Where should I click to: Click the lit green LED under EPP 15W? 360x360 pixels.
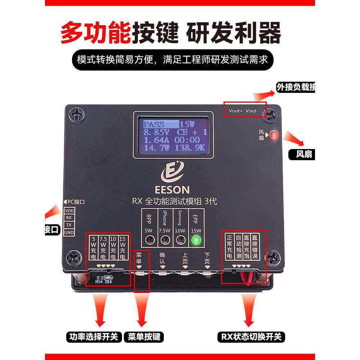coord(196,240)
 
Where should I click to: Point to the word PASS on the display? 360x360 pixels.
coord(154,125)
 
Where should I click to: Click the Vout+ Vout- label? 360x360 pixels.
coord(243,111)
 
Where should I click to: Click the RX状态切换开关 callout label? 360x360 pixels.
coord(251,337)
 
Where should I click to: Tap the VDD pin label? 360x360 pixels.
coord(69,211)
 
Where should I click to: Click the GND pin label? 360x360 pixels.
coord(69,233)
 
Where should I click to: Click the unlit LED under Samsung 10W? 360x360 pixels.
coord(180,240)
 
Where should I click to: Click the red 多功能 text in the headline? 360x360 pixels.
coord(95,33)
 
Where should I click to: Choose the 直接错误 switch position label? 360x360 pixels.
coord(255,247)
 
